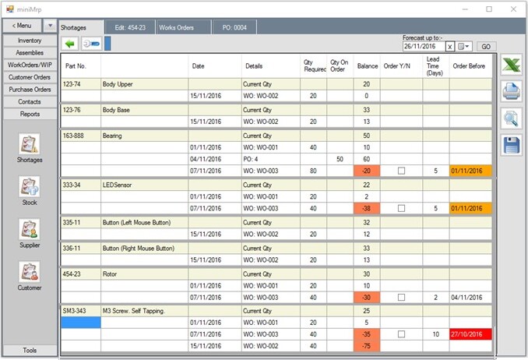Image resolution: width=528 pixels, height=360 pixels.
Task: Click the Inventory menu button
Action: pyautogui.click(x=30, y=41)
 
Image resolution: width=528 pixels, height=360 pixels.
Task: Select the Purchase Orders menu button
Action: pyautogui.click(x=30, y=90)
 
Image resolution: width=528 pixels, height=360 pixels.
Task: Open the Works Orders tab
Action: pyautogui.click(x=178, y=27)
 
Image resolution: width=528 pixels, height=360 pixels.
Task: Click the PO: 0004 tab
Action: pyautogui.click(x=234, y=27)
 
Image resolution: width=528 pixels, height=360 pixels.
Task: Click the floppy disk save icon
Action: pyautogui.click(x=511, y=145)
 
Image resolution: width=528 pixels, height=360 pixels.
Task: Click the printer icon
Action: pyautogui.click(x=511, y=92)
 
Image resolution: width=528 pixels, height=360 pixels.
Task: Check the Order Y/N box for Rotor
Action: pyautogui.click(x=401, y=297)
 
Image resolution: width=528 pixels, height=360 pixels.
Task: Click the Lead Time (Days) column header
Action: pyautogui.click(x=435, y=65)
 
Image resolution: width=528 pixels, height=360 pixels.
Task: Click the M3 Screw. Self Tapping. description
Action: pyautogui.click(x=133, y=310)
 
